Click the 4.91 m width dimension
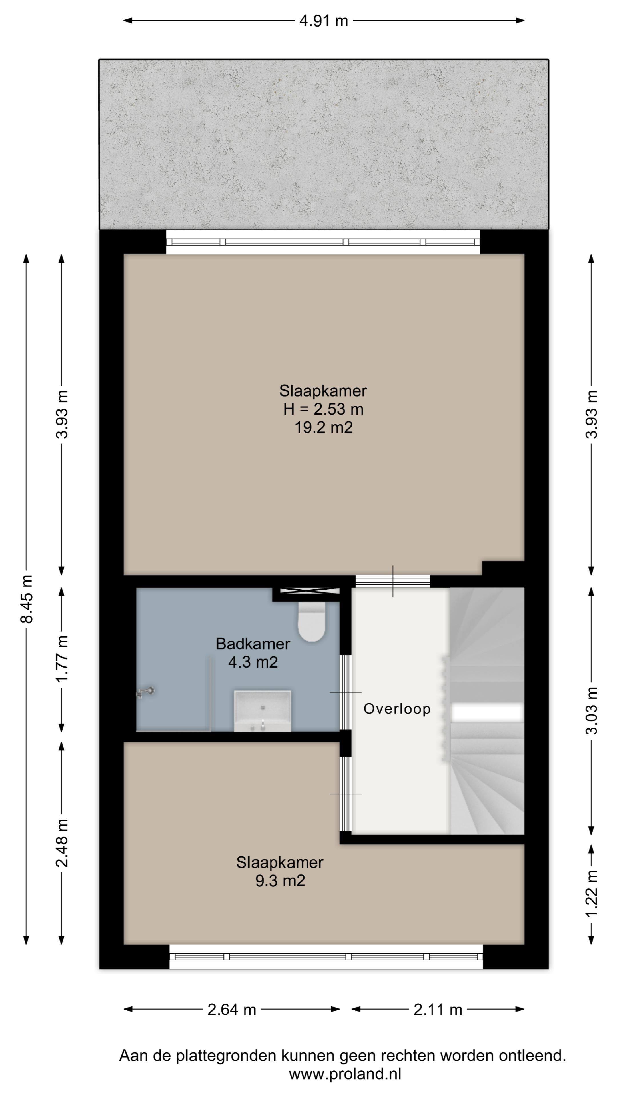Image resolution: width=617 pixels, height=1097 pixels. (324, 21)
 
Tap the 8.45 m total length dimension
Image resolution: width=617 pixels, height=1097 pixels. (26, 599)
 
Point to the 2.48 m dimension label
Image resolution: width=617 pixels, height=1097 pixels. (62, 843)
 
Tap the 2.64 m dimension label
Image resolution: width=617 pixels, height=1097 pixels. (232, 1018)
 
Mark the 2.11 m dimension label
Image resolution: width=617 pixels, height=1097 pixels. (438, 1018)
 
